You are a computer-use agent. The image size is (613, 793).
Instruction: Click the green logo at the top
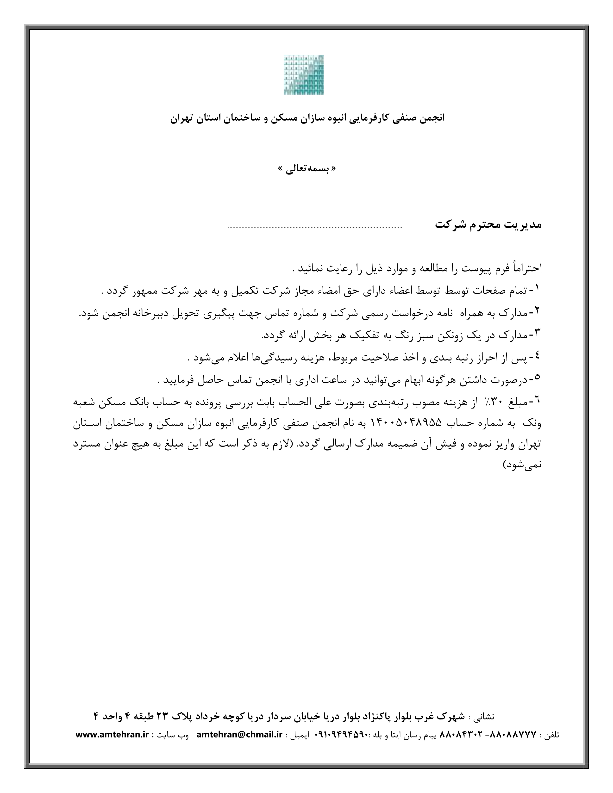[304, 74]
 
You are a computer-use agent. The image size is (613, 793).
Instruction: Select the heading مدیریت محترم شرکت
[488, 225]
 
